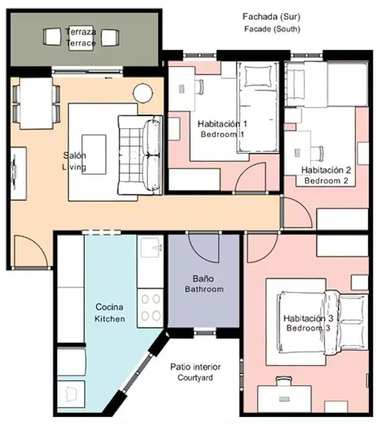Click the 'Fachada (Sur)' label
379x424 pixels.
tap(271, 17)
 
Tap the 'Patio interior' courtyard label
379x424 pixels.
tap(196, 367)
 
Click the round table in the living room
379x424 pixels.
tap(143, 93)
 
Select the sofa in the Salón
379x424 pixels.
tap(140, 155)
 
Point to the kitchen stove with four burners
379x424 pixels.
tap(150, 308)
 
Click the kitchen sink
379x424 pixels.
tap(151, 247)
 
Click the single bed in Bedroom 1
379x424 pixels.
tap(258, 107)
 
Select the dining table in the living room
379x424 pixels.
tap(36, 103)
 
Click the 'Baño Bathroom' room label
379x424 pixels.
tap(204, 284)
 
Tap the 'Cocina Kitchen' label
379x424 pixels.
tap(109, 312)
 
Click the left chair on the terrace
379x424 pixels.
tap(52, 37)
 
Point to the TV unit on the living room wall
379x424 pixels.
tap(18, 173)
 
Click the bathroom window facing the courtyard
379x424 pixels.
tap(205, 332)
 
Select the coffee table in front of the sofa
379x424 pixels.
tap(94, 155)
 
